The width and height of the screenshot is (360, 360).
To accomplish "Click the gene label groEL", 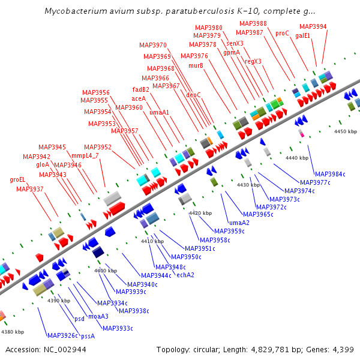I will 17,179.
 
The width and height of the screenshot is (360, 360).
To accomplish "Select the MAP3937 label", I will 29,189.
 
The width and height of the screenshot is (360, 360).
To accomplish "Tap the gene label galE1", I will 303,35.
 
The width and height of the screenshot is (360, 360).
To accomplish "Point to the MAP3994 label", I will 313,26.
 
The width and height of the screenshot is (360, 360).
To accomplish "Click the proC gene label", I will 282,33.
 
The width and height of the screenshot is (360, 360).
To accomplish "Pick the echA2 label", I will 185,275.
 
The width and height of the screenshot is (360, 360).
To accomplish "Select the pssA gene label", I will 88,336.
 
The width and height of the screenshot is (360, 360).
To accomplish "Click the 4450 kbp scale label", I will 346,131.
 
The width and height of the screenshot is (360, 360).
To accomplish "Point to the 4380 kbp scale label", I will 13,331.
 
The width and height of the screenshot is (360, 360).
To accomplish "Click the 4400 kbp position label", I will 106,271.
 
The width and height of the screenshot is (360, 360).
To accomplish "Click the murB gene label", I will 196,65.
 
